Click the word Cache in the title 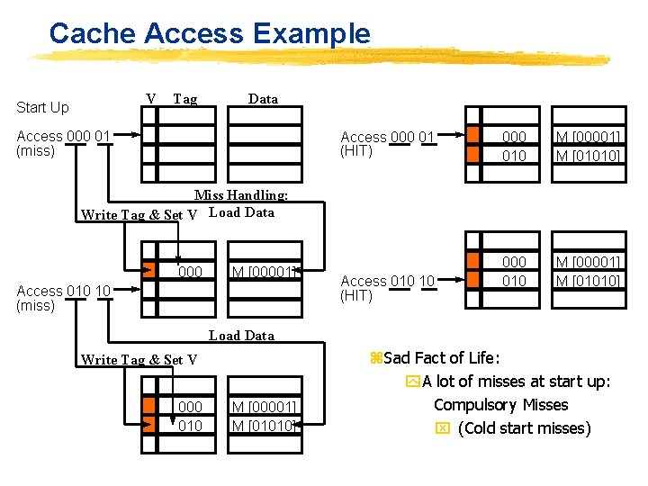click(92, 34)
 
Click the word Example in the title click(311, 34)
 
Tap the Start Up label click(42, 107)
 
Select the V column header click(150, 98)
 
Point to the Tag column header click(184, 99)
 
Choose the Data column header click(263, 99)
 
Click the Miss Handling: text click(241, 194)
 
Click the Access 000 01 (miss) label click(63, 143)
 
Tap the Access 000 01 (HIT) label click(387, 144)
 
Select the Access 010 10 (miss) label click(63, 298)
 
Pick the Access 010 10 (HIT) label click(387, 288)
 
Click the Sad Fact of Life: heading click(442, 358)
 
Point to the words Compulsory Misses click(500, 405)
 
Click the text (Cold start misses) click(524, 428)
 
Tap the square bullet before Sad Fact click(376, 358)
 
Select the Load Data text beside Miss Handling click(241, 213)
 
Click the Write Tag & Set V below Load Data click(139, 360)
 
